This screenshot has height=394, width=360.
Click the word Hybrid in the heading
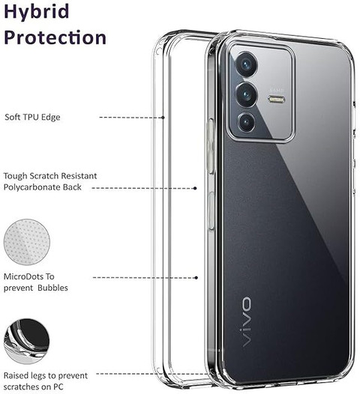click(x=37, y=11)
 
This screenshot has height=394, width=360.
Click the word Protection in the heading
click(x=55, y=37)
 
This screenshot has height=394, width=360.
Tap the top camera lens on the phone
click(x=246, y=64)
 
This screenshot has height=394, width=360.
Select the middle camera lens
click(x=246, y=94)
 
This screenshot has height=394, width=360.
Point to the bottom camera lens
click(x=247, y=122)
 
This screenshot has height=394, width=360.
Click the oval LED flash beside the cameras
click(x=277, y=100)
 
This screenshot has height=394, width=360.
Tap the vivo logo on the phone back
click(x=246, y=321)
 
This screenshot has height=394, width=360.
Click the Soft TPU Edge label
click(x=32, y=118)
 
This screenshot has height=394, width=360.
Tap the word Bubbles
click(x=52, y=288)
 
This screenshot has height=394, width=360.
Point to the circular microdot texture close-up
click(x=27, y=242)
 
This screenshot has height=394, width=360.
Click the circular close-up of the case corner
click(x=27, y=341)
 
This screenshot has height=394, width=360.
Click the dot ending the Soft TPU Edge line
click(x=163, y=118)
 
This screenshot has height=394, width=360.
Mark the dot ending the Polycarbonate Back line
click(x=195, y=188)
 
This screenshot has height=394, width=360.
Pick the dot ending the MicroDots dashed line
click(x=196, y=278)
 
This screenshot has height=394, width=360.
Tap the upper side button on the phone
click(x=211, y=146)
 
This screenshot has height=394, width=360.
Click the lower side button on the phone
click(x=211, y=210)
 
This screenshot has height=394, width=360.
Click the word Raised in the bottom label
click(x=16, y=376)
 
